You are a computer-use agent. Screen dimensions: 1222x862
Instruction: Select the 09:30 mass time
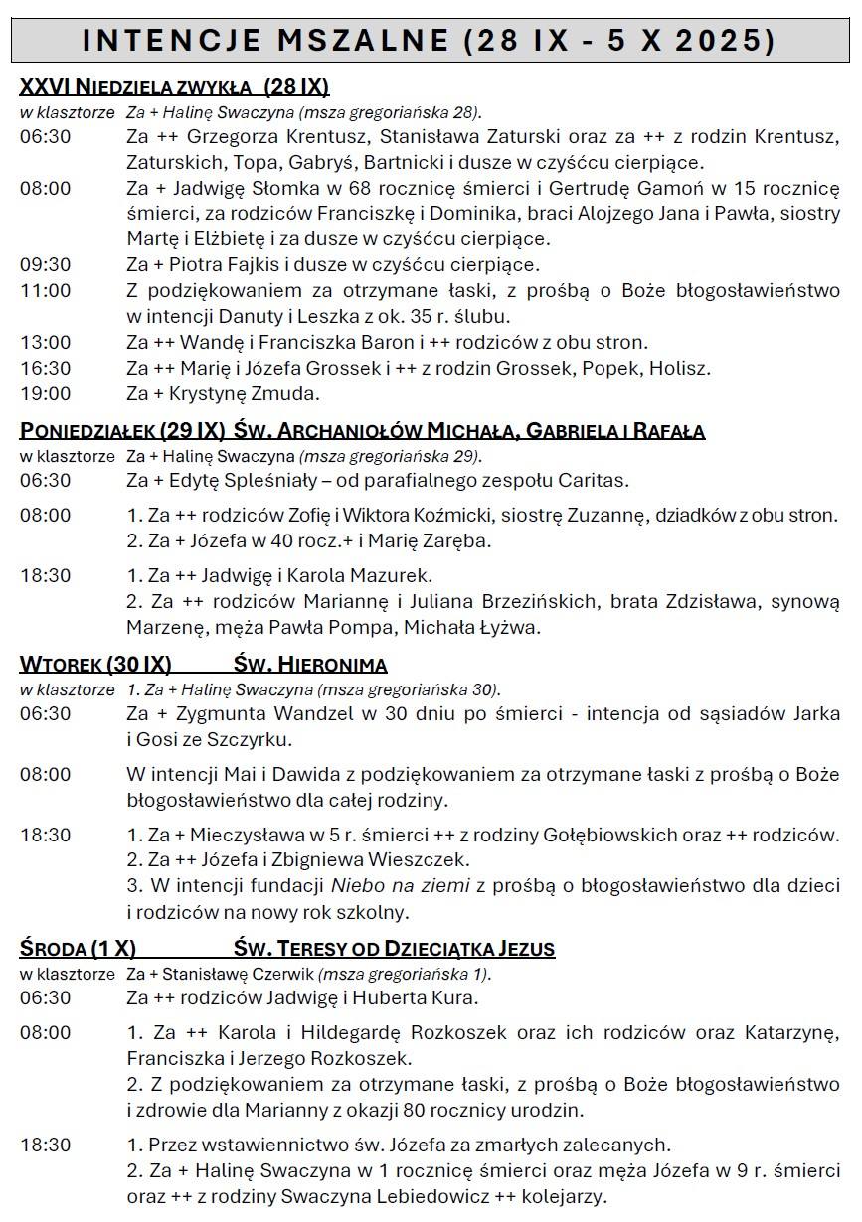click(45, 265)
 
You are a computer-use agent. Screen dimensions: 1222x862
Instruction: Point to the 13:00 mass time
click(45, 343)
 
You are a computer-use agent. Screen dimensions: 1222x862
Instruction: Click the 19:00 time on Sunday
click(45, 394)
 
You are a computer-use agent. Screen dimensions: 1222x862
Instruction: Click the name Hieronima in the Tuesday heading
click(330, 665)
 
